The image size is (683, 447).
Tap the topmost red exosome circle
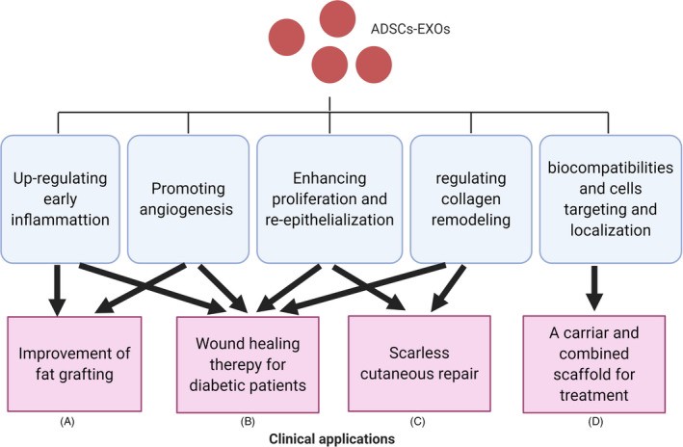(x=337, y=17)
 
